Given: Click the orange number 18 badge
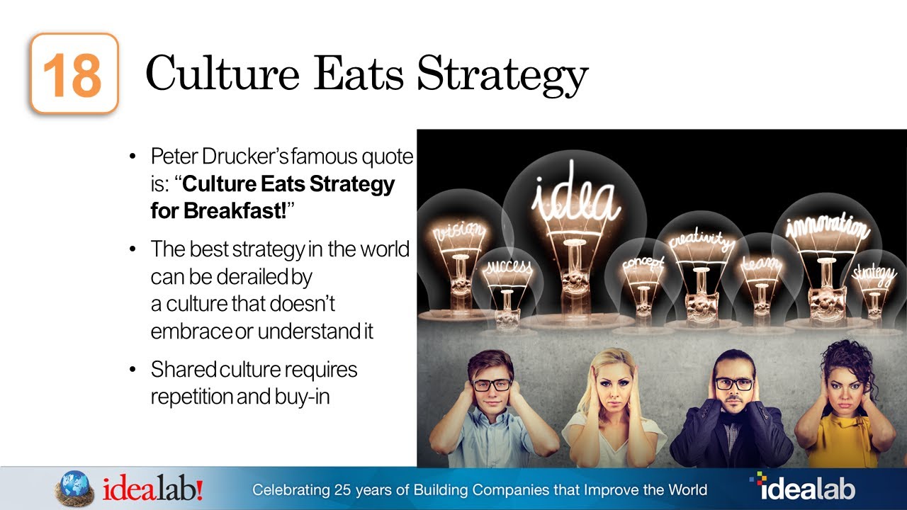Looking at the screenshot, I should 73,74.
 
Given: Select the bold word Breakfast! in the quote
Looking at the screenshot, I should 218,210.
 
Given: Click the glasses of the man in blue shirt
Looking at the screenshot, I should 491,385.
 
